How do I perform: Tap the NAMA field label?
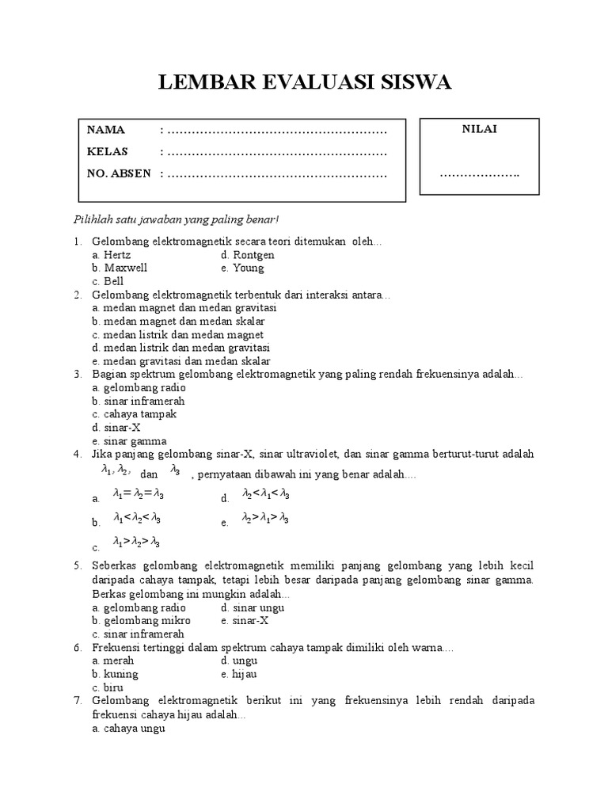click(x=106, y=130)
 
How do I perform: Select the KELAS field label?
click(x=107, y=151)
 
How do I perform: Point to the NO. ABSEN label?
click(x=119, y=173)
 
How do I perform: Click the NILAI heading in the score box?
click(x=480, y=129)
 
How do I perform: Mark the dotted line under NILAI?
click(x=480, y=174)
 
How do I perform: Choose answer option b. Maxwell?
click(x=120, y=268)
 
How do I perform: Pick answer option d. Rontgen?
click(x=248, y=255)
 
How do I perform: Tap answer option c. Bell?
click(x=108, y=281)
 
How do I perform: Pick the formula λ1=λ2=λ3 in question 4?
click(x=139, y=494)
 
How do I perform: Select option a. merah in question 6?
click(x=113, y=661)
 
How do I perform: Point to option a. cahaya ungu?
click(x=128, y=728)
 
